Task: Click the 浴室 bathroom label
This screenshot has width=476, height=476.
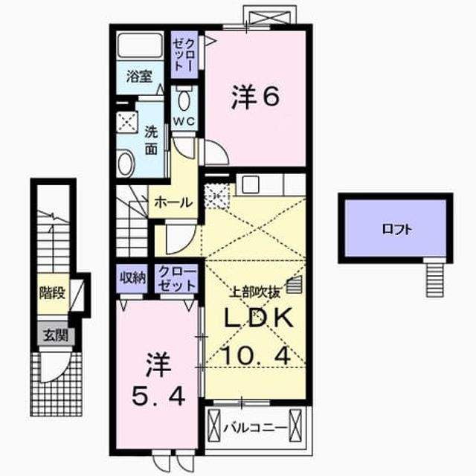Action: click(x=139, y=77)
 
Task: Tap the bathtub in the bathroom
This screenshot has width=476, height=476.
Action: click(x=140, y=45)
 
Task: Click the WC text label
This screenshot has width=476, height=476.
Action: click(x=184, y=121)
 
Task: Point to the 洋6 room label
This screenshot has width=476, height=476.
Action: click(x=255, y=97)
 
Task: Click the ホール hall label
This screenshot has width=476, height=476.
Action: click(x=173, y=202)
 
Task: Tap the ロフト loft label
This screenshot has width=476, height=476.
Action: click(x=396, y=230)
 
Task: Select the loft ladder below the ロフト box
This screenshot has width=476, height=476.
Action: click(x=435, y=280)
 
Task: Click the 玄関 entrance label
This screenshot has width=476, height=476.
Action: click(x=55, y=335)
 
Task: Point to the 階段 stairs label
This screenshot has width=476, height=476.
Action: click(x=52, y=293)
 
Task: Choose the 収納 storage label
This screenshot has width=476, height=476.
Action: click(x=132, y=277)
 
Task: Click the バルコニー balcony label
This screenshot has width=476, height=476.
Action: click(x=255, y=428)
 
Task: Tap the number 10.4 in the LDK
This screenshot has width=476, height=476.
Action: click(x=257, y=356)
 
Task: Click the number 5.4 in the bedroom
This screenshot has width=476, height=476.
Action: click(x=158, y=397)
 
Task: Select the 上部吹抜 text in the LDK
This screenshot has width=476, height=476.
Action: click(x=255, y=292)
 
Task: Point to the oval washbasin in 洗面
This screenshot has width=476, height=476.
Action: click(x=126, y=164)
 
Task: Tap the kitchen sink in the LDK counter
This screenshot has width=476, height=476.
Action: click(x=251, y=184)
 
